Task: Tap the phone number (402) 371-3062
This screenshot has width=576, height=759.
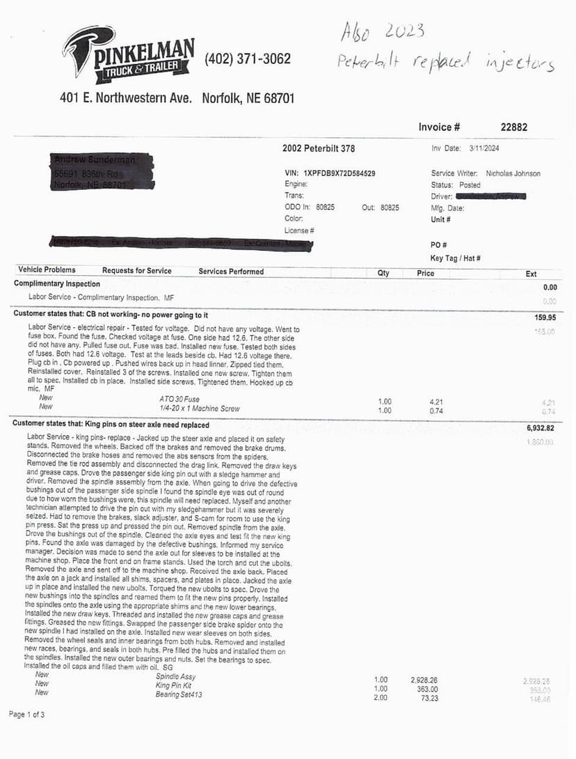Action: coord(248,59)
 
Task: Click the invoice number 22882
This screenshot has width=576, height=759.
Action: coord(513,127)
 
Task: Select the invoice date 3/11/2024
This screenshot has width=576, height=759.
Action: coord(485,148)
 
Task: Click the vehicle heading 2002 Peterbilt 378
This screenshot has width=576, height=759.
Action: coord(319,148)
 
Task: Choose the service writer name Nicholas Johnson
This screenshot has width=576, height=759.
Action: coord(513,173)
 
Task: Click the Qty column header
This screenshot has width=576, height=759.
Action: coord(383,273)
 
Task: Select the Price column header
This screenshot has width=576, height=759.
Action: coord(425,273)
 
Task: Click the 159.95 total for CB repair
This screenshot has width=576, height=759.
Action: coord(540,318)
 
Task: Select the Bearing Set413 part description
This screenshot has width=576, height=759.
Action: coord(179,694)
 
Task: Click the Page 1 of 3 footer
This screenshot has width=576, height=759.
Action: coord(27,714)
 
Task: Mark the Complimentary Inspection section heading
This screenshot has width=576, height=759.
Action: coord(57,284)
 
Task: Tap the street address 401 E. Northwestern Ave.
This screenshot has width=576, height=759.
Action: coord(126,98)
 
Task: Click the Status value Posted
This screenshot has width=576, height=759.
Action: coord(470,185)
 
